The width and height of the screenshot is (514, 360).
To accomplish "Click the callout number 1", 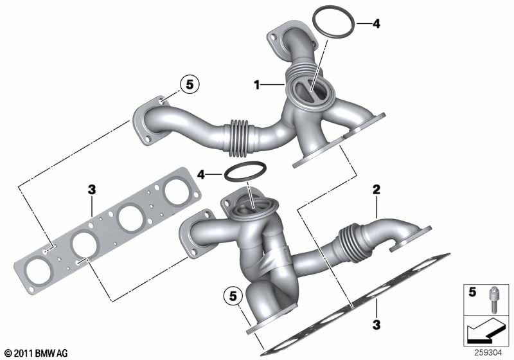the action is [257, 85].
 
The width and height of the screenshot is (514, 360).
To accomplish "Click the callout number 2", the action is [376, 190].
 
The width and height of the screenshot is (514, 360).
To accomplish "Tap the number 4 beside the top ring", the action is [377, 24].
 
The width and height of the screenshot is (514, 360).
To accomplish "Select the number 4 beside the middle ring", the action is [201, 175].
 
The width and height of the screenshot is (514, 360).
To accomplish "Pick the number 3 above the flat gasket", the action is [92, 190].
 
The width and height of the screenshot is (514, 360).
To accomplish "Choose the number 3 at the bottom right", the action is [377, 325].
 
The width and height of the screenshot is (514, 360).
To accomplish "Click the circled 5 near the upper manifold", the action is [190, 85].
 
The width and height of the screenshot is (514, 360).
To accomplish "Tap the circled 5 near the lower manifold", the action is [233, 296].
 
